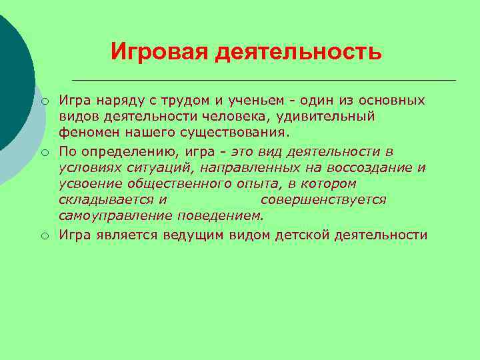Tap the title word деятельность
pyautogui.click(x=298, y=51)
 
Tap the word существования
pyautogui.click(x=210, y=133)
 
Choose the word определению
pyautogui.click(x=130, y=151)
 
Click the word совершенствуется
pyautogui.click(x=323, y=199)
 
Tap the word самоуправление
pyautogui.click(x=116, y=215)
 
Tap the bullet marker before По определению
pyautogui.click(x=44, y=152)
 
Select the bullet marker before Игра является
pyautogui.click(x=44, y=235)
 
